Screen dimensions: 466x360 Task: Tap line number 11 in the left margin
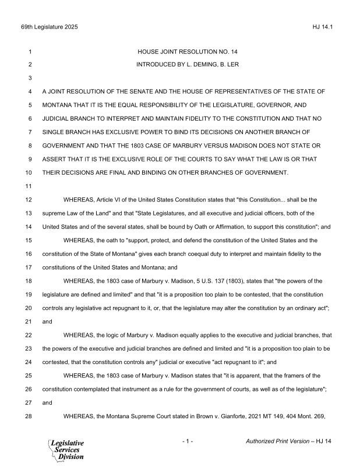click(x=28, y=186)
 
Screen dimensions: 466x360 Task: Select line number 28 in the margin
click(x=28, y=416)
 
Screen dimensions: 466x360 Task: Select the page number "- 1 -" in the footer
click(x=187, y=442)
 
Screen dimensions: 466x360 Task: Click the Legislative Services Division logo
click(x=65, y=450)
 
